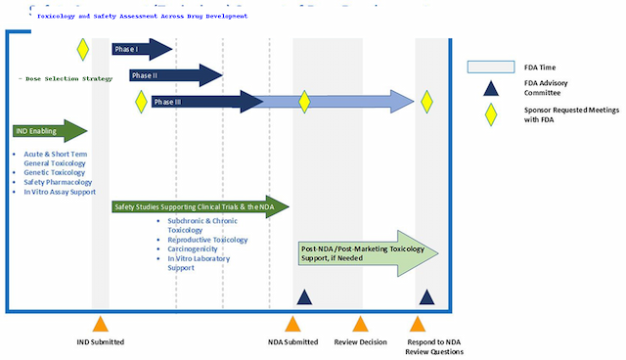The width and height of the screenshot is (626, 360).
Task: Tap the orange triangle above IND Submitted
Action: [x=100, y=325]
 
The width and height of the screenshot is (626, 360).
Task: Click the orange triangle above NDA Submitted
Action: [x=292, y=325]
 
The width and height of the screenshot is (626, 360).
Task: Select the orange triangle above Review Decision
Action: [x=361, y=325]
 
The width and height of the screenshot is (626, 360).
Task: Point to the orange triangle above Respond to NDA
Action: [x=419, y=325]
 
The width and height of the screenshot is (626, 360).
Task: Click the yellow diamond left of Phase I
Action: [x=83, y=49]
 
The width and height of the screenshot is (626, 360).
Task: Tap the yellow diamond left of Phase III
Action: [x=141, y=101]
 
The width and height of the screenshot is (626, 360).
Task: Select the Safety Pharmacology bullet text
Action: [x=58, y=181]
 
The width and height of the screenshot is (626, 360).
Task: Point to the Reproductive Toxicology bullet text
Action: [x=207, y=240]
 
